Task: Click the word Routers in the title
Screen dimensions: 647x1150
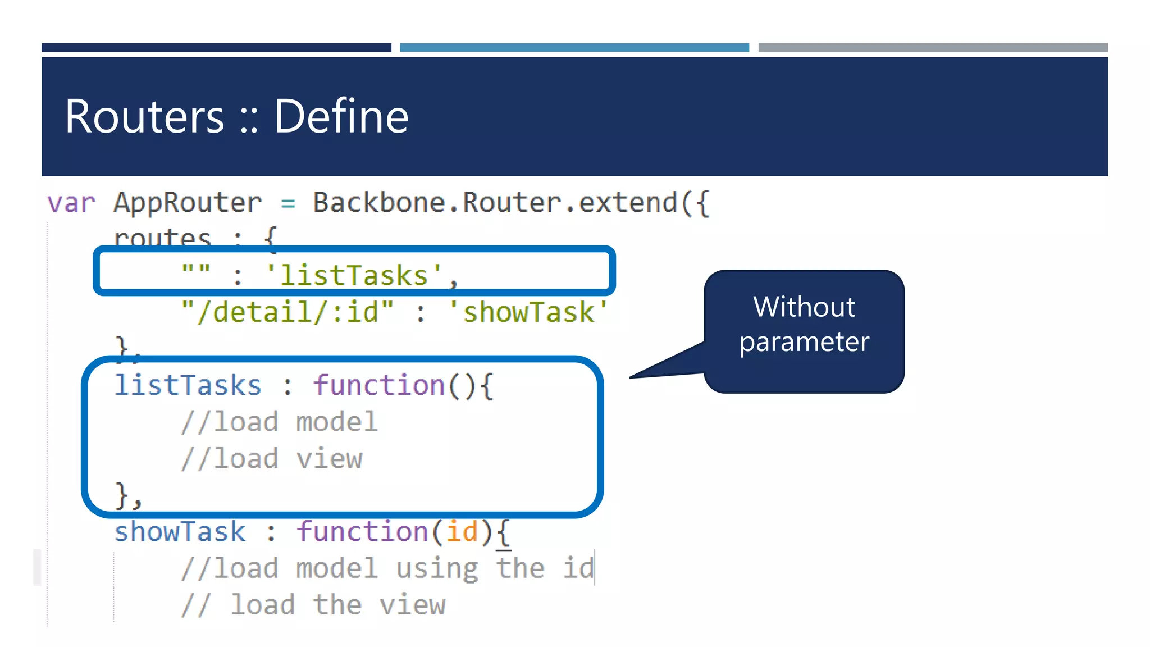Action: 144,116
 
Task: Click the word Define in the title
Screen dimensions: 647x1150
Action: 341,116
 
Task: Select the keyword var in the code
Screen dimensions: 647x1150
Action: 71,203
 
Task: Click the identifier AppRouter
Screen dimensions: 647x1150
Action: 188,203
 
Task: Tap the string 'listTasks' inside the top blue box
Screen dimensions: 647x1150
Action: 354,275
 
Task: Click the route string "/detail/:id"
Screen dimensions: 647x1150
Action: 287,312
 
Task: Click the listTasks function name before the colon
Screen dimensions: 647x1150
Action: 188,386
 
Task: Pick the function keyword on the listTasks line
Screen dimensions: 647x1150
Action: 378,386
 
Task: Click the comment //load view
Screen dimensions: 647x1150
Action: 272,459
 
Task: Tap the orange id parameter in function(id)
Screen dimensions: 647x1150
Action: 462,532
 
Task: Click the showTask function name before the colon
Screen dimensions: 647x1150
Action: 180,532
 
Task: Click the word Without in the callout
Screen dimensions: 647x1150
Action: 804,307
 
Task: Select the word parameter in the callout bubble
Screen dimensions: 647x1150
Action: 804,342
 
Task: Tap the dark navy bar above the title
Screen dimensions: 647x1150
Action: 216,48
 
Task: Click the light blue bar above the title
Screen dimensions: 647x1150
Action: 574,48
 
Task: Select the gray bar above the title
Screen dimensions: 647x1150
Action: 933,48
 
